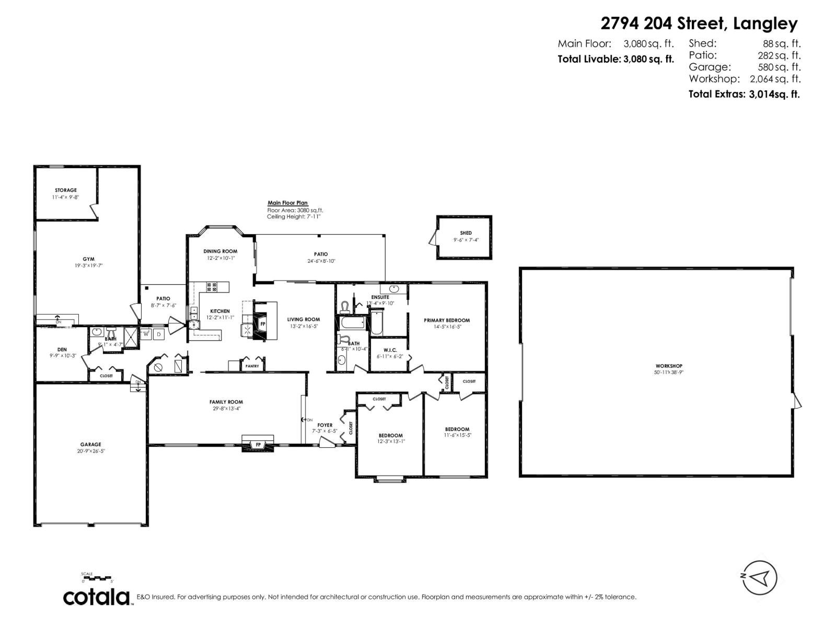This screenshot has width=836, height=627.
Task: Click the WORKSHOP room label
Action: [x=669, y=366]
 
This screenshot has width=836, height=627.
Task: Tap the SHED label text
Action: [x=466, y=233]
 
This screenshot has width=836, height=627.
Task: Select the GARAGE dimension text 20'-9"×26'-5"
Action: [x=90, y=451]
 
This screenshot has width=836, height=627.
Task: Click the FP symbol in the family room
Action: [x=258, y=445]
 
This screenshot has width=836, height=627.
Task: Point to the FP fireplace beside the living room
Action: [x=262, y=324]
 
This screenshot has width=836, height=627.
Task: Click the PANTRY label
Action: [x=252, y=366]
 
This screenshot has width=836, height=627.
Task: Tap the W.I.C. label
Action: [x=390, y=350]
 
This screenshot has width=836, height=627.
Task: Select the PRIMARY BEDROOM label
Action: [x=447, y=320]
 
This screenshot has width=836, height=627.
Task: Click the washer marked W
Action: [x=146, y=334]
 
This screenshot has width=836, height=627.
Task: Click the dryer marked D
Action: [x=159, y=334]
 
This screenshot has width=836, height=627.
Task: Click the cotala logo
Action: [x=97, y=597]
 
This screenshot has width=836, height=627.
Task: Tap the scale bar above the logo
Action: [x=97, y=578]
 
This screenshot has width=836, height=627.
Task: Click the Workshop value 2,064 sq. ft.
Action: [x=775, y=79]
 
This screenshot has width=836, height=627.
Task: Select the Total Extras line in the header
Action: [x=744, y=94]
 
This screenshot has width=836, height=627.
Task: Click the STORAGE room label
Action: [x=66, y=190]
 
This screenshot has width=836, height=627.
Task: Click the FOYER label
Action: [x=324, y=425]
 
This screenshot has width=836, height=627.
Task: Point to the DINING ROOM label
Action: [x=220, y=251]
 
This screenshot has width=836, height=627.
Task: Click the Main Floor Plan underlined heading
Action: [x=287, y=203]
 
